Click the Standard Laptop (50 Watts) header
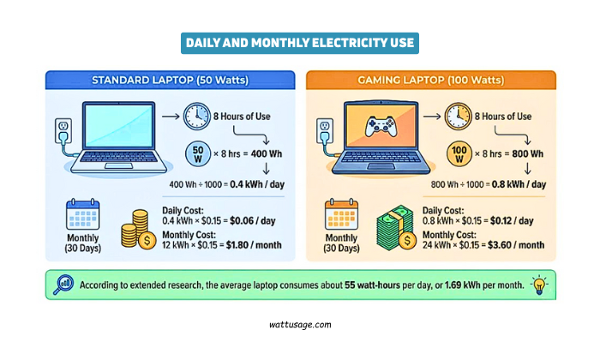170,81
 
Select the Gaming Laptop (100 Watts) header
431,81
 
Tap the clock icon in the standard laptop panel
195,117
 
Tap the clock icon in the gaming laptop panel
457,117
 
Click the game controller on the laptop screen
379,127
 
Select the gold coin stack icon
136,229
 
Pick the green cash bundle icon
397,229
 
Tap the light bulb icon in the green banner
539,285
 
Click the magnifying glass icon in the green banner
61,285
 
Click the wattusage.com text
300,325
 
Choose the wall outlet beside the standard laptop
60,130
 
